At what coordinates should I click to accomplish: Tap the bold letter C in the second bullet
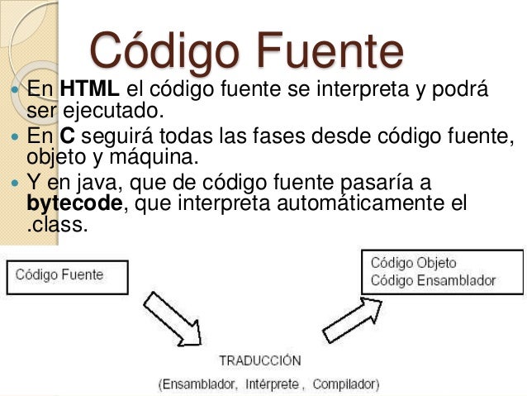pyautogui.click(x=67, y=136)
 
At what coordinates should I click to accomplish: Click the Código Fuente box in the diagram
pyautogui.click(x=67, y=276)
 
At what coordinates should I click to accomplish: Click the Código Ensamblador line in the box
pyautogui.click(x=433, y=280)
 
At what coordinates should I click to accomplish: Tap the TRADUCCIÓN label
pyautogui.click(x=260, y=361)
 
